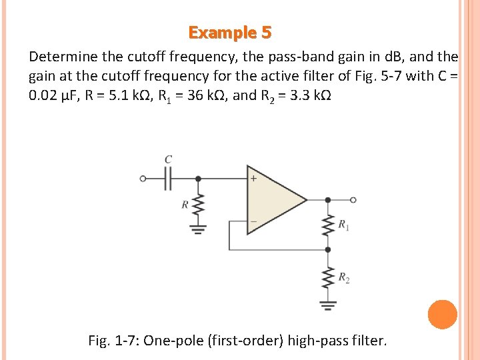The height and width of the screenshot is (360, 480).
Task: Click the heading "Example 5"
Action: [x=230, y=33]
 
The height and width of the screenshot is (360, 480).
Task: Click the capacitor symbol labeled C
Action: [x=168, y=178]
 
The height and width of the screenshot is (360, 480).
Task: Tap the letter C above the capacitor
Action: [x=168, y=160]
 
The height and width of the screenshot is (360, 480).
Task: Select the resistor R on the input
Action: [x=197, y=206]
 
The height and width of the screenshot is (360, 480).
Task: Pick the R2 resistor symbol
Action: [x=327, y=277]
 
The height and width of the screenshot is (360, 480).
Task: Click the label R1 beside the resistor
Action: [x=343, y=225]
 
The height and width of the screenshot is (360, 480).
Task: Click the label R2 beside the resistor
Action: [x=343, y=277]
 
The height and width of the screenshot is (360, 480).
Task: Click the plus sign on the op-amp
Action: [x=254, y=179]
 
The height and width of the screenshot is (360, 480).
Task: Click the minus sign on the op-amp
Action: [x=254, y=221]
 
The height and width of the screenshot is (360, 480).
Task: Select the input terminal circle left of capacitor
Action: [x=143, y=178]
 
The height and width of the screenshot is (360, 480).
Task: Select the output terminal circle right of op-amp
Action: [x=353, y=199]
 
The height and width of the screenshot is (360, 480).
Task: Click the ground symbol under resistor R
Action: [x=197, y=229]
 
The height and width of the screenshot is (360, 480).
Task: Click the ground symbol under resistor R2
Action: [x=327, y=305]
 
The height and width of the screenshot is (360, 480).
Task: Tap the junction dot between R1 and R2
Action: [x=327, y=249]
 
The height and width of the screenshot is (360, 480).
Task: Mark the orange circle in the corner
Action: [x=442, y=314]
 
